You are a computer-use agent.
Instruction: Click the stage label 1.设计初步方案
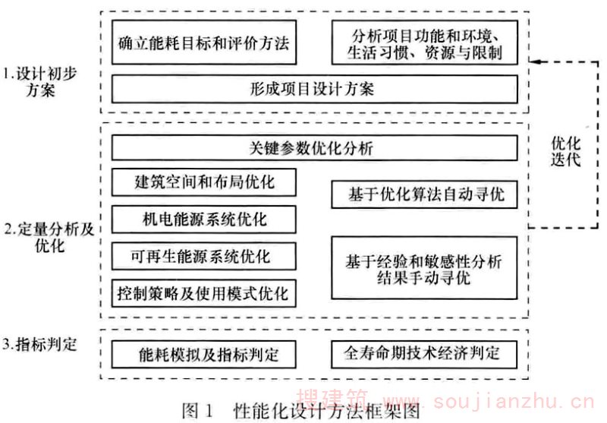click(x=40, y=82)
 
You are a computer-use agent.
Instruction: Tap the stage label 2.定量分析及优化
click(x=49, y=237)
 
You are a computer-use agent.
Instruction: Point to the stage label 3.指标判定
click(x=40, y=344)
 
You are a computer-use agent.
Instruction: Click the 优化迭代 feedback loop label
click(x=565, y=151)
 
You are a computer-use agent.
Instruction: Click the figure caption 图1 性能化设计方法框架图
click(x=300, y=411)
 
